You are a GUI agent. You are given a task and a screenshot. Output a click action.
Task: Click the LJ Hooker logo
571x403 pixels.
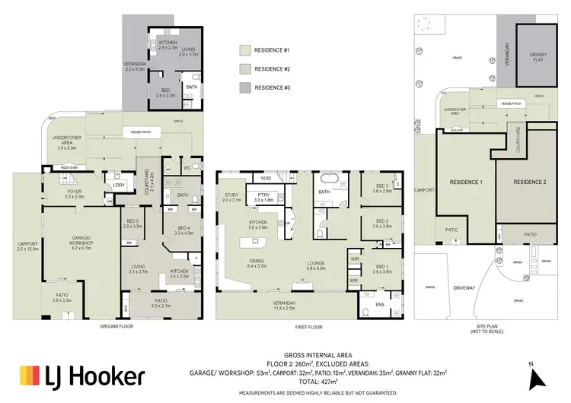[81, 375]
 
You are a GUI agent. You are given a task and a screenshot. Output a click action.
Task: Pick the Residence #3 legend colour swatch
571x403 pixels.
[243, 88]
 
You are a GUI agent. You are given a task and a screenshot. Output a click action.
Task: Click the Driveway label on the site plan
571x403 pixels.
[464, 287]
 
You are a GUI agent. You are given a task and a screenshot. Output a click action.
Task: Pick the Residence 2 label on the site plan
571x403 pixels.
[530, 182]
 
